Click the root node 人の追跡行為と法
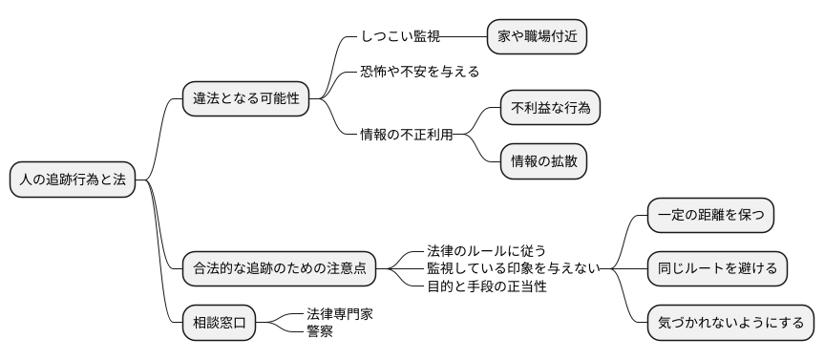pos(73,180)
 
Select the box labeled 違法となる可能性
pos(245,98)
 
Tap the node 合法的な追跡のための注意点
pos(280,268)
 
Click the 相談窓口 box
pos(220,324)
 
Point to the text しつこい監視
pos(400,37)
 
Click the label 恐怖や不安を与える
pos(419,72)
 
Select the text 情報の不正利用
pos(406,134)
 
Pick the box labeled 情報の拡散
pos(543,160)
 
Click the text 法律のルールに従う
pos(486,251)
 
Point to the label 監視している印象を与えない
pos(513,268)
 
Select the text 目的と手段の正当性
pos(486,286)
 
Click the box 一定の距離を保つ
pos(709,215)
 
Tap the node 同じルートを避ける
pos(717,268)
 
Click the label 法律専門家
pos(333,314)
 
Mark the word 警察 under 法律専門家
pos(320,331)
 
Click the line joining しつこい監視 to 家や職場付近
pos(464,37)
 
